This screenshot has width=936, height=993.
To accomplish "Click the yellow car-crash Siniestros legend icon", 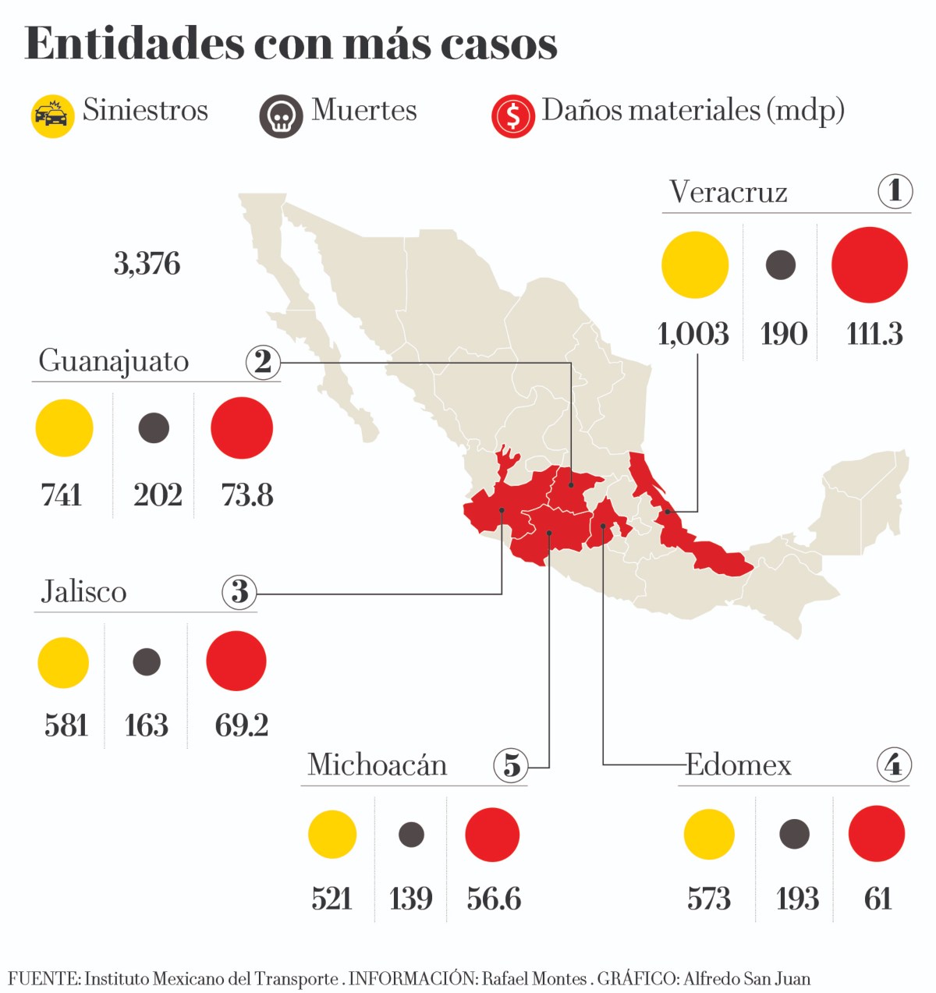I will (52, 115).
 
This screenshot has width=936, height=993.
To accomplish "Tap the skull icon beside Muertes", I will (281, 116).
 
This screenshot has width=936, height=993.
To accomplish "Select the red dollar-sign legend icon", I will (512, 116).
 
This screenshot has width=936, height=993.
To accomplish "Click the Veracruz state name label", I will (728, 192).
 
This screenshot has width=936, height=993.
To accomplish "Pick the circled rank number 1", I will (895, 190).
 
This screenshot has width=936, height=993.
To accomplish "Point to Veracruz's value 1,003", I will (693, 334).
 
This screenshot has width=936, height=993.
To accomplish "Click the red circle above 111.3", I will (870, 265).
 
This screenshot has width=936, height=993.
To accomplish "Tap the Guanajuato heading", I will (114, 361).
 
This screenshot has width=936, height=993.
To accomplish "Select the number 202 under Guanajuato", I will (158, 495).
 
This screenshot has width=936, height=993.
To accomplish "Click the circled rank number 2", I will (263, 361).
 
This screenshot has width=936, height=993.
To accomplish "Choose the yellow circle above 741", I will (65, 427).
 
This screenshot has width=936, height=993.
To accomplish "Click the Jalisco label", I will (83, 591).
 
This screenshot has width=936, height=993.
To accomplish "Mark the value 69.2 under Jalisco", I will (242, 725).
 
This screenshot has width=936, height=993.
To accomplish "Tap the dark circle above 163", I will (147, 661).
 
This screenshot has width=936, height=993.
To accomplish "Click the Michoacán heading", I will (378, 764).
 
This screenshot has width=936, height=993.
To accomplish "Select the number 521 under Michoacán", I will (332, 899).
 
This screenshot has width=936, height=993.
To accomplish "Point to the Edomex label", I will (738, 764).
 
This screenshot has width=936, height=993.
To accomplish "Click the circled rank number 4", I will (893, 764).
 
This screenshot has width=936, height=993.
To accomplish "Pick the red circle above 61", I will (877, 834).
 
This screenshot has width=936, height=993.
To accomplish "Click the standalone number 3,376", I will (147, 264).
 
